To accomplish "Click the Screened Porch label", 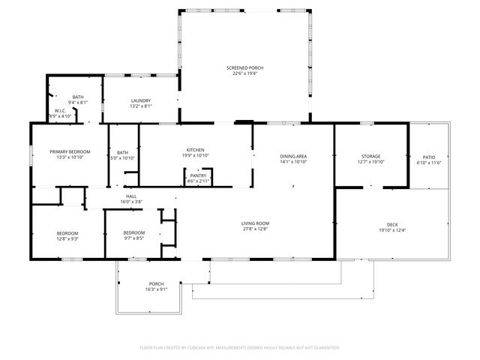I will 244,67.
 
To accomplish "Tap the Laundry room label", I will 141,100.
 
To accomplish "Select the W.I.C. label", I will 60,111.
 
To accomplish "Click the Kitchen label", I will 196,150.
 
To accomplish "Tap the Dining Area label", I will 294,156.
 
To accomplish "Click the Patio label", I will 429,156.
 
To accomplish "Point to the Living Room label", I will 255,223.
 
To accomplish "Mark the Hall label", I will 131,196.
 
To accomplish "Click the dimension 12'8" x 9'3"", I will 67,238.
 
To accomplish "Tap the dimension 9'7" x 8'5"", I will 134,238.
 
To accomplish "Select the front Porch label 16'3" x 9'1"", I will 156,283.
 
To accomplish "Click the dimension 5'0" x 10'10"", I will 123,158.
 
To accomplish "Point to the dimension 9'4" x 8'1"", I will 78,103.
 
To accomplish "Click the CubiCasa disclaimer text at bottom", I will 240,348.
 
